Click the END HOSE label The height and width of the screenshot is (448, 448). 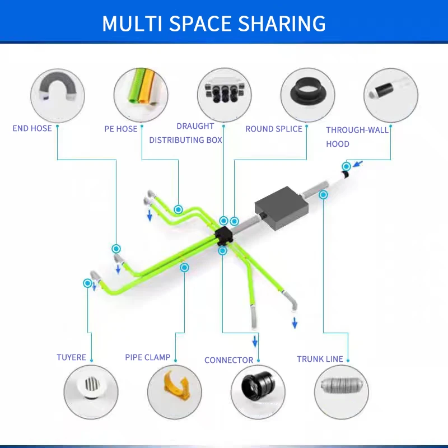32,128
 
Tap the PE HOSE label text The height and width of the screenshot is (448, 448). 121,129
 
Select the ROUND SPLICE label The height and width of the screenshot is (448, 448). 274,129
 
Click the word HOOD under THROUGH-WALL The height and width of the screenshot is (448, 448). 338,144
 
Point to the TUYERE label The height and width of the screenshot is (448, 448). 72,357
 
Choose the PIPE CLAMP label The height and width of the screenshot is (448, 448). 148,357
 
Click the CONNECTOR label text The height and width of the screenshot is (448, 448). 229,360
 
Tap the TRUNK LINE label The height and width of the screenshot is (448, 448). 320,359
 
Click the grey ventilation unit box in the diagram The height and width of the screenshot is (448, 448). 282,208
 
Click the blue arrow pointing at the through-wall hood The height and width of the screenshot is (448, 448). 358,164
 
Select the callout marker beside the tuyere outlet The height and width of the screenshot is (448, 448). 87,283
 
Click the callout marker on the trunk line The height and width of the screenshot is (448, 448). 323,195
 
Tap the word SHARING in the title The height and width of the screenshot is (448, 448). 282,24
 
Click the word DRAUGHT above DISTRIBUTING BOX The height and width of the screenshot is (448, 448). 195,126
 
